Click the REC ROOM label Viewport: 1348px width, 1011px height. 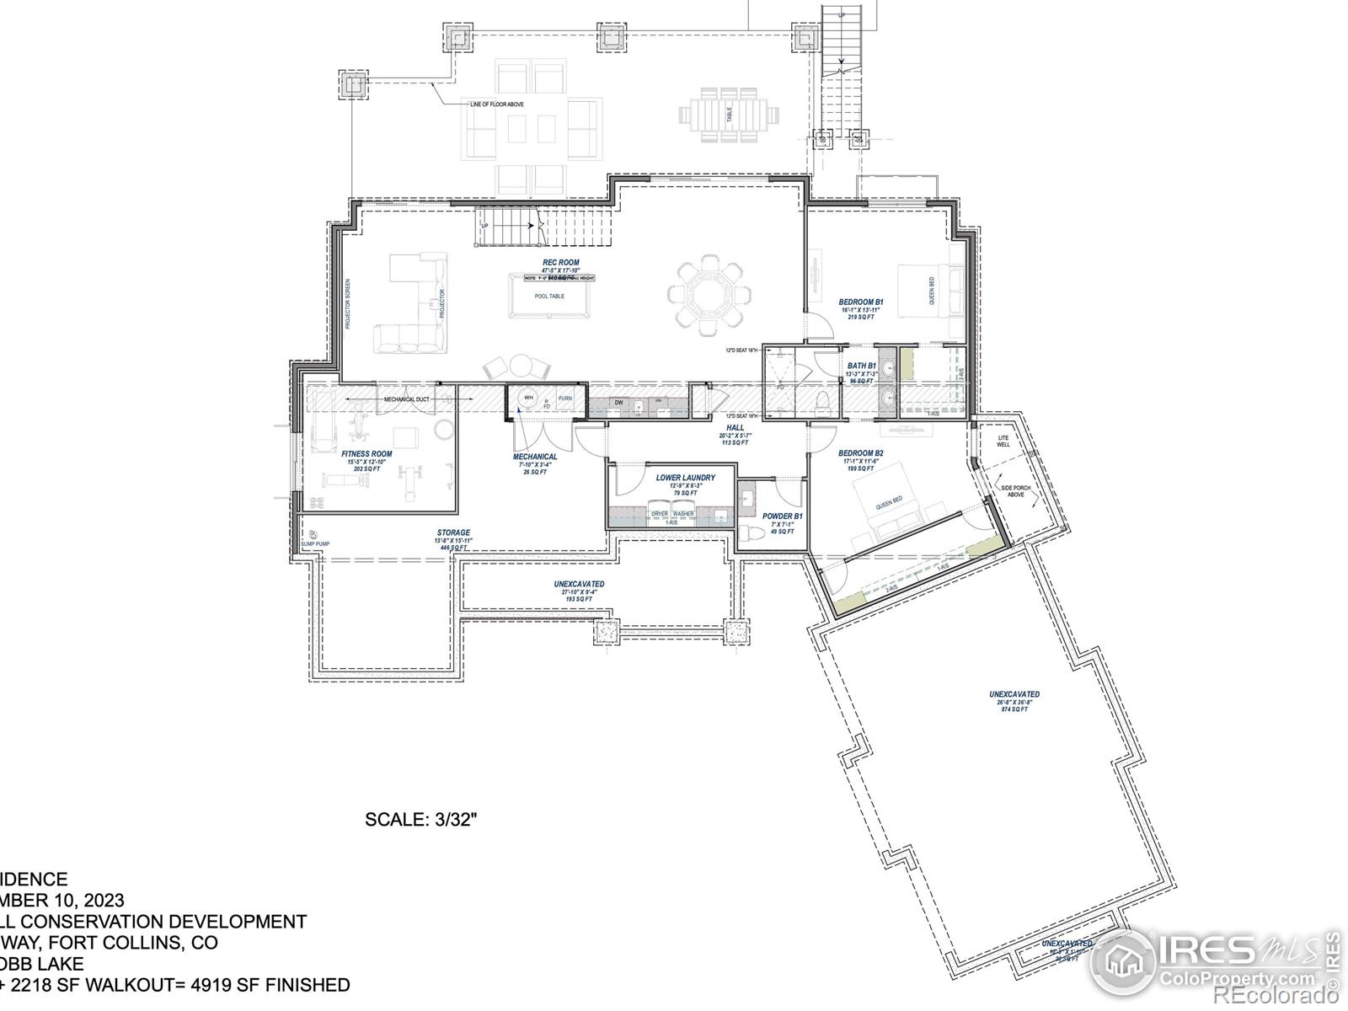[560, 263]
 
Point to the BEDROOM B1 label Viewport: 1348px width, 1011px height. [860, 302]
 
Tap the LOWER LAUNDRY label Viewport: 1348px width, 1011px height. [685, 478]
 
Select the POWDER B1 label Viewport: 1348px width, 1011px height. [783, 516]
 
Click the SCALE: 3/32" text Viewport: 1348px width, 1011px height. [421, 818]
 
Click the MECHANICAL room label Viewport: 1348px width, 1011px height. [535, 457]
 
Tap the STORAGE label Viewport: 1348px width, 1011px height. [453, 533]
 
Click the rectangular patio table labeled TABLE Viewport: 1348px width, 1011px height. [729, 114]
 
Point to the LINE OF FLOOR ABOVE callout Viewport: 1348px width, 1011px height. [496, 104]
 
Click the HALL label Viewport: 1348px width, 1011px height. [735, 428]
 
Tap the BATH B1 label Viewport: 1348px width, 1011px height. [862, 366]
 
